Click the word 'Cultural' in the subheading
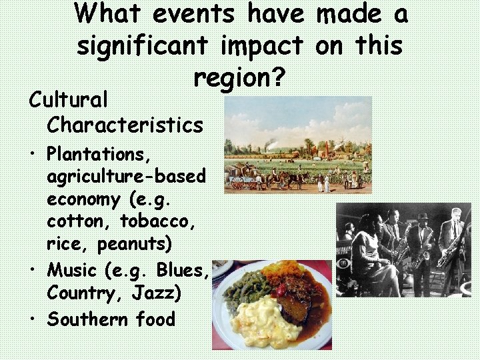(x=68, y=101)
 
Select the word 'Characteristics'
(x=125, y=125)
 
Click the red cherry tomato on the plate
(x=281, y=291)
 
